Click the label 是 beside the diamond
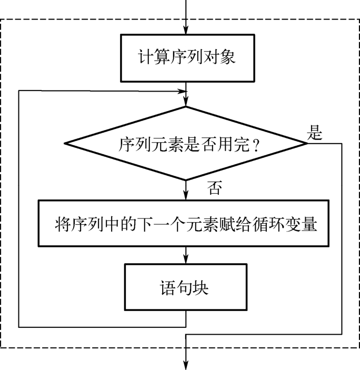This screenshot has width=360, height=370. click(314, 134)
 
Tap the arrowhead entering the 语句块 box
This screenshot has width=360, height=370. click(186, 260)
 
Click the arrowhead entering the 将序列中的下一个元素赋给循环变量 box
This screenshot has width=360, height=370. click(186, 197)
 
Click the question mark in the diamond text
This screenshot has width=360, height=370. click(256, 145)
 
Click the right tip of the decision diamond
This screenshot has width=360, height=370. click(307, 143)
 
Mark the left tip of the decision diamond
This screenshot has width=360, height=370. click(64, 143)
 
